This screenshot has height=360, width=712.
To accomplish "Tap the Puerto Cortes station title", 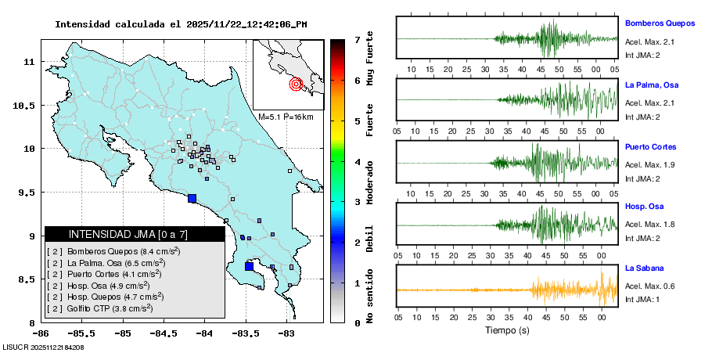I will click(x=650, y=146).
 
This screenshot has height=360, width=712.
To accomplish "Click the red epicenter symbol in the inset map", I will click(x=296, y=84).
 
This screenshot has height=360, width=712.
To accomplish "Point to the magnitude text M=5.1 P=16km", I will click(x=286, y=117).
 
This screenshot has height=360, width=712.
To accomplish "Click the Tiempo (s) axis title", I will click(x=505, y=330).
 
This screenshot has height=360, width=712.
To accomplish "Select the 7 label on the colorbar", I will click(x=357, y=39).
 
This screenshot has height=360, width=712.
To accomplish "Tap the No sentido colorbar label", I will click(x=370, y=297).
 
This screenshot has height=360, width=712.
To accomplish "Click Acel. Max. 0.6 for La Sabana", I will click(x=649, y=286).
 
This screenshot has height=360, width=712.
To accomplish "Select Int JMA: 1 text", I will click(x=644, y=299).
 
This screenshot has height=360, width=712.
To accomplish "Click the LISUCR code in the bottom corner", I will click(x=43, y=347).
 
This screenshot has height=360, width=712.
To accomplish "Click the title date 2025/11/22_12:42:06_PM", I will click(x=246, y=24).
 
